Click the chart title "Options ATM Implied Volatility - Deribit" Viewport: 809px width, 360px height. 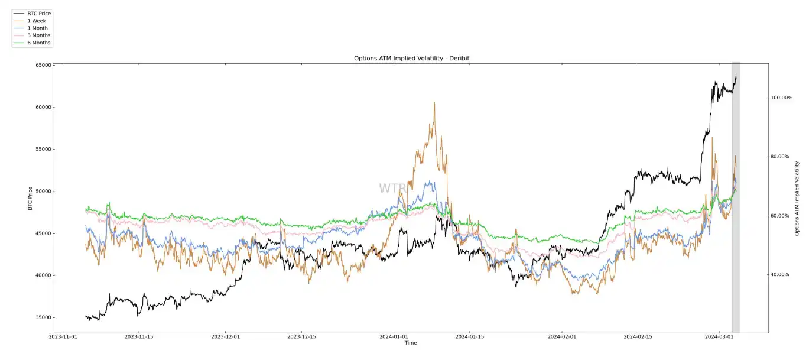point(411,59)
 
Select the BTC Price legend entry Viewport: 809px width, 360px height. point(39,13)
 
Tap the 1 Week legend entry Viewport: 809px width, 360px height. point(36,21)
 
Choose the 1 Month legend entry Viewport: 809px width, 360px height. point(37,28)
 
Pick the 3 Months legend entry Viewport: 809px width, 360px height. point(38,35)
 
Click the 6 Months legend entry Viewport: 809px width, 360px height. point(38,43)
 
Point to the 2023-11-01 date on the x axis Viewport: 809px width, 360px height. point(63,336)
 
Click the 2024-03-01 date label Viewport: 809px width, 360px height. point(719,336)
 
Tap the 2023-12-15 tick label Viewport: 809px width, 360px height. point(302,336)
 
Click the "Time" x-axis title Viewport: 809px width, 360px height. point(411,343)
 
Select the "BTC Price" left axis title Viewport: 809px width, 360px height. point(30,199)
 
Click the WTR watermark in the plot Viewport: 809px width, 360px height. point(392,189)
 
